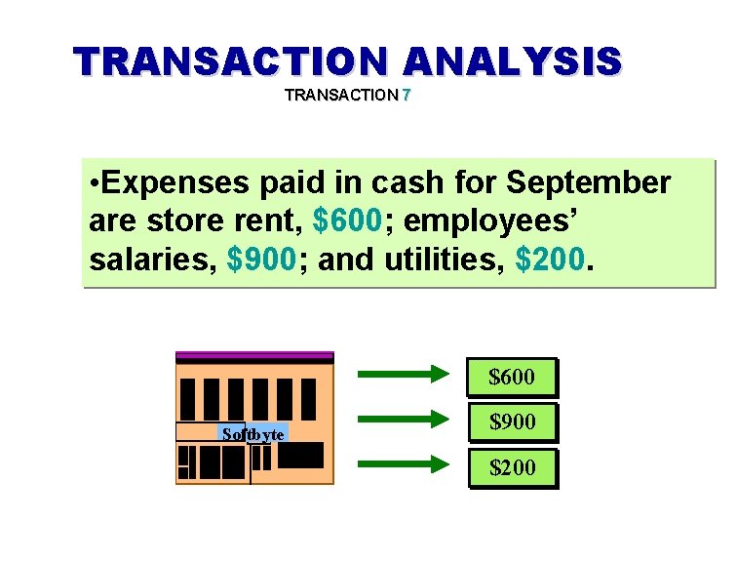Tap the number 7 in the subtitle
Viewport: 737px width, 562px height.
tap(407, 96)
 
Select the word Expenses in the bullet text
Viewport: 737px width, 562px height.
tap(168, 182)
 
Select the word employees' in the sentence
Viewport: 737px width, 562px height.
tap(493, 221)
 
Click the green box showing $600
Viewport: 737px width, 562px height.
tap(512, 377)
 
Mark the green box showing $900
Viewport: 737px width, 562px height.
tap(512, 422)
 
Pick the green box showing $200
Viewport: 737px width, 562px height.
tap(512, 467)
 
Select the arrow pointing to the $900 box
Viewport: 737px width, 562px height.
tap(400, 420)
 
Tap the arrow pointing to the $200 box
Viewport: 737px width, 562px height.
tap(400, 464)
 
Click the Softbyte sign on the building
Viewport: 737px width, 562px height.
tap(252, 433)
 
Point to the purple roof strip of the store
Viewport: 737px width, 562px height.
tap(254, 357)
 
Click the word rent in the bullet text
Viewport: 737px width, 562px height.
tap(271, 221)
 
